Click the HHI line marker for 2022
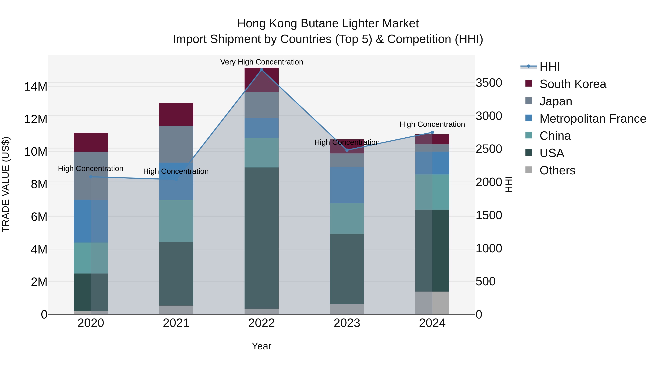tap(261, 70)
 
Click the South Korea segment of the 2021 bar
tap(176, 114)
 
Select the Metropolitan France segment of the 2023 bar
tap(347, 185)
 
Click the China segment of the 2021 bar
tap(176, 221)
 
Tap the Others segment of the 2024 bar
tap(432, 303)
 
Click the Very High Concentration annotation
tap(261, 62)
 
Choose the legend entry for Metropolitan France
tap(593, 119)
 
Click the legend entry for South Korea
tap(573, 84)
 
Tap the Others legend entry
tap(557, 170)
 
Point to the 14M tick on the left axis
tap(36, 87)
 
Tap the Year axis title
tap(261, 346)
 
